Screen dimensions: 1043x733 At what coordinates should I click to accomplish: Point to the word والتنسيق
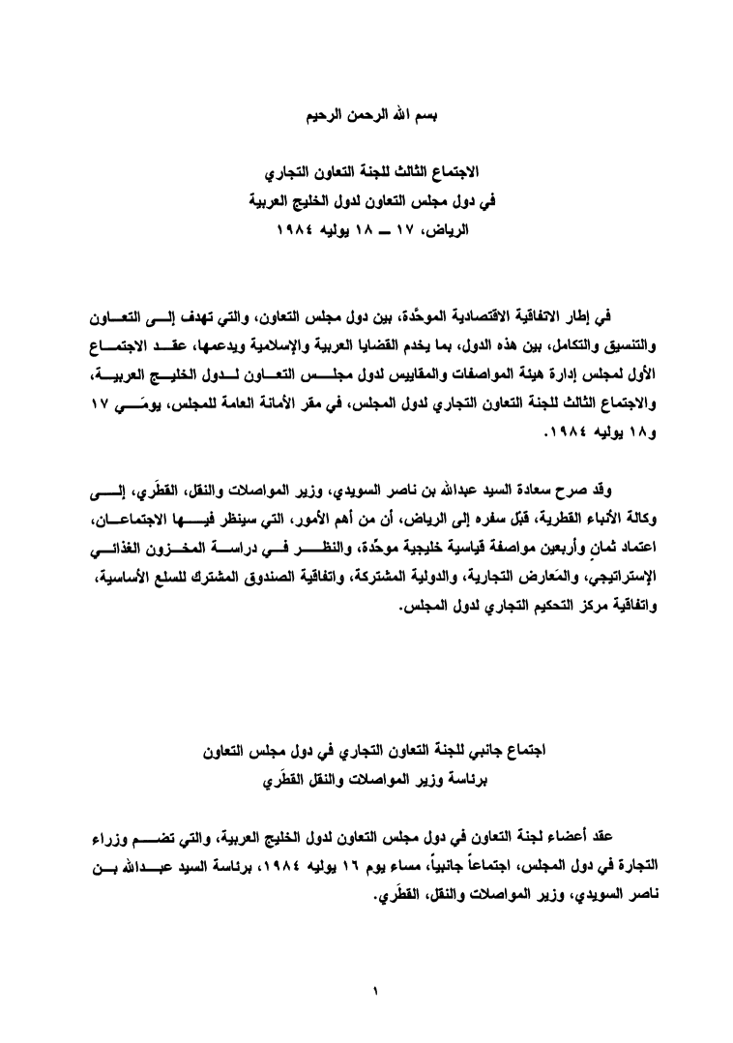click(622, 344)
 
